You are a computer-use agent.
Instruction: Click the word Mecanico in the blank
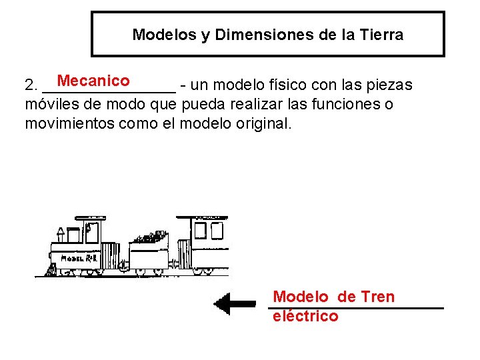coord(93,81)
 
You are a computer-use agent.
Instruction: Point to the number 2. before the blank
coord(31,86)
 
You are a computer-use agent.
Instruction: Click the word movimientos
coord(67,123)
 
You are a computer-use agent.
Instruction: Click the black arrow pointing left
coord(234,303)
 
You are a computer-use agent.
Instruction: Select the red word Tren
coord(377,297)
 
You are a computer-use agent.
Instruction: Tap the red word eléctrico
coord(305,316)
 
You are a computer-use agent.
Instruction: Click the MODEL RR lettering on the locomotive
coord(80,258)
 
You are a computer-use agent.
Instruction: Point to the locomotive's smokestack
coord(60,234)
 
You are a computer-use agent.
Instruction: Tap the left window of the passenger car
coord(198,230)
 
